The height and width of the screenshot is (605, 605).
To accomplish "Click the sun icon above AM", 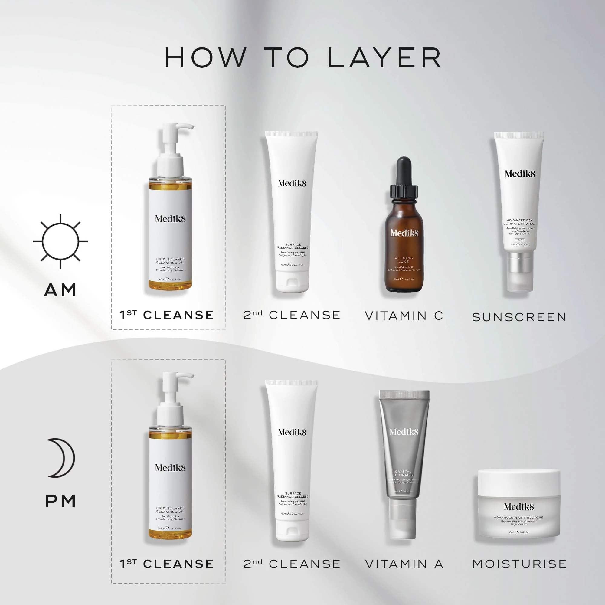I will tap(60, 241).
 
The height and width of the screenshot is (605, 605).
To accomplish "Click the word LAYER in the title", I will tap(384, 58).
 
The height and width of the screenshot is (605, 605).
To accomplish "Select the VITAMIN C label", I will tap(404, 316).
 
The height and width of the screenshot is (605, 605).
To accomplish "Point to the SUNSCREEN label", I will tap(519, 317).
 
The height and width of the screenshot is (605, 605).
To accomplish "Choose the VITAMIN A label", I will tap(404, 564).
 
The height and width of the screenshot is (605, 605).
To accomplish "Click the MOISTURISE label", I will tap(519, 564).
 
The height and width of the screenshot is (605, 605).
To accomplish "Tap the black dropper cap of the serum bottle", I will tap(404, 175).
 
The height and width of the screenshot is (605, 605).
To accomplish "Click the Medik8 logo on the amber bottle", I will tap(404, 233).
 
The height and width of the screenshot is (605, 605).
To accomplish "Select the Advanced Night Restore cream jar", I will tap(518, 504).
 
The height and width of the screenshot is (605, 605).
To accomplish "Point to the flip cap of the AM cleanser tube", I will tap(292, 282).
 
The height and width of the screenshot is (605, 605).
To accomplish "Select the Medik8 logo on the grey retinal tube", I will tap(404, 432).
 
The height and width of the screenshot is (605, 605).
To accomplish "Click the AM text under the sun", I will tap(60, 290).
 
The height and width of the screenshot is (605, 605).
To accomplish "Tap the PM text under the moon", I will tap(60, 501).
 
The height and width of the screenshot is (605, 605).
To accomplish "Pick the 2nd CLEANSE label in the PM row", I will tap(292, 564).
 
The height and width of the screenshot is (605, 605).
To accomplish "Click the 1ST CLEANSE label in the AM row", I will tap(167, 315).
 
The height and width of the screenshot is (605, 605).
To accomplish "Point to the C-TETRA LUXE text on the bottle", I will tap(404, 260).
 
